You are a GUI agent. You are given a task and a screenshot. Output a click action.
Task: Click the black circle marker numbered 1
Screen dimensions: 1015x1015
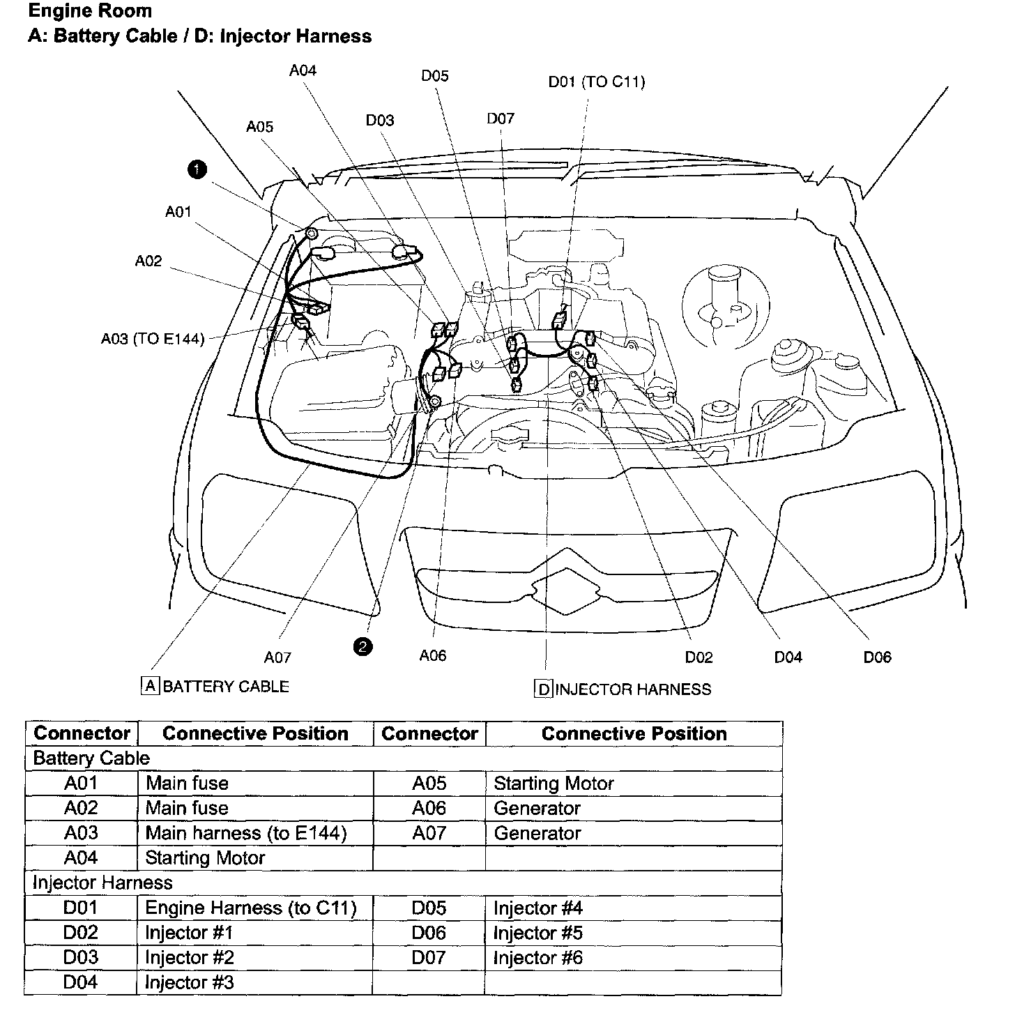pyautogui.click(x=197, y=169)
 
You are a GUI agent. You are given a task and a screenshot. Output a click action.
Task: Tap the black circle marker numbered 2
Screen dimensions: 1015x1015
pyautogui.click(x=363, y=647)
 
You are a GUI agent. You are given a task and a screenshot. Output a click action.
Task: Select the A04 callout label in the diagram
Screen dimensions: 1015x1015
pyautogui.click(x=303, y=70)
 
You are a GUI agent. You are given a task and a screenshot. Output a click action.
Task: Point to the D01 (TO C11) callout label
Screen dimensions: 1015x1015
pyautogui.click(x=597, y=82)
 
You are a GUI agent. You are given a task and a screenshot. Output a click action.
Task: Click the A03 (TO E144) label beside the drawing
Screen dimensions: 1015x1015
pyautogui.click(x=153, y=339)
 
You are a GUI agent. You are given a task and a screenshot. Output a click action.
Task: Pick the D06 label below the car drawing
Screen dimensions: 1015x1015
pyautogui.click(x=877, y=657)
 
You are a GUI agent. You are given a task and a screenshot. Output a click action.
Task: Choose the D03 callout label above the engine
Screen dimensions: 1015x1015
pyautogui.click(x=380, y=121)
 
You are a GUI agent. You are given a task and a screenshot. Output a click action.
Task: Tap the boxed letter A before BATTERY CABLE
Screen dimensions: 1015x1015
pyautogui.click(x=151, y=686)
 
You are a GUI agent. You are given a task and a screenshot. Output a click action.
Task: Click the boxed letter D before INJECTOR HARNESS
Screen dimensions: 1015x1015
pyautogui.click(x=544, y=689)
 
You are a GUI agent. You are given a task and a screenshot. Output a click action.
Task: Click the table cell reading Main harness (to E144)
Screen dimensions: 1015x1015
pyautogui.click(x=246, y=833)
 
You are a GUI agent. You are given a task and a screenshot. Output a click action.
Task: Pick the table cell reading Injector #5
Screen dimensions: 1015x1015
pyautogui.click(x=538, y=933)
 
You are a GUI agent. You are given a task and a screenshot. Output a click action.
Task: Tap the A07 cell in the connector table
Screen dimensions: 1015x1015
pyautogui.click(x=429, y=833)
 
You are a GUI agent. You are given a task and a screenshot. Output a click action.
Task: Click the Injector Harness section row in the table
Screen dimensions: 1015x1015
pyautogui.click(x=102, y=883)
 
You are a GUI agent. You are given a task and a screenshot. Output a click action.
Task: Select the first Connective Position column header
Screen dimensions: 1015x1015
pyautogui.click(x=255, y=733)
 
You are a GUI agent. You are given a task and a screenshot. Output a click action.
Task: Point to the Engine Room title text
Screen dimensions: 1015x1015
pyautogui.click(x=90, y=11)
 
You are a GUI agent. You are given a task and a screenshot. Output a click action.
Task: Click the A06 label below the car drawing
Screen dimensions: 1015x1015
pyautogui.click(x=433, y=656)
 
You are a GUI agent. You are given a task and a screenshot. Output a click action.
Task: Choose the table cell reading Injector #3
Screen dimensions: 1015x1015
pyautogui.click(x=190, y=983)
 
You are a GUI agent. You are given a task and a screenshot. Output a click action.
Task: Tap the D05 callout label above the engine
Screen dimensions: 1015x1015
pyautogui.click(x=435, y=76)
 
